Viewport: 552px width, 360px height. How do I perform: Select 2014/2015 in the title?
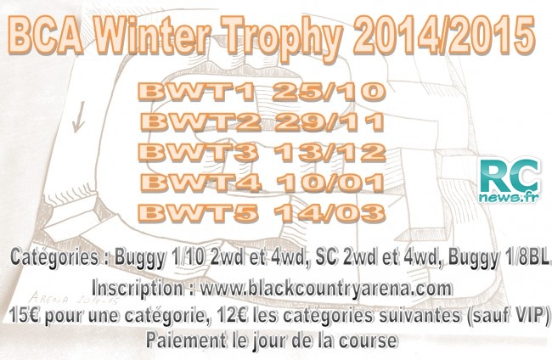[444, 36]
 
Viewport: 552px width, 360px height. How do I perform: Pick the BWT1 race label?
[195, 92]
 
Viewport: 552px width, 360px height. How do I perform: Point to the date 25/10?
[329, 92]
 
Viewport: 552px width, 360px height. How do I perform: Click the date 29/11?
[330, 122]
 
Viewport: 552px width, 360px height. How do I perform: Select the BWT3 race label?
[198, 152]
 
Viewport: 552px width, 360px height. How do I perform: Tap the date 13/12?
[330, 152]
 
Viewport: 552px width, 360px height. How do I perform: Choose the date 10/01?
[330, 183]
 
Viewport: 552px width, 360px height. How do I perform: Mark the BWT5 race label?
[198, 212]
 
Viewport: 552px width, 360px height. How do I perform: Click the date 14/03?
[330, 212]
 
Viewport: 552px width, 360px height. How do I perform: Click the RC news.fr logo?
[510, 181]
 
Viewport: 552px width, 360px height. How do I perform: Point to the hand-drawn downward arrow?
[79, 117]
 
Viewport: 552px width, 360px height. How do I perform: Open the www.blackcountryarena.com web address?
[326, 289]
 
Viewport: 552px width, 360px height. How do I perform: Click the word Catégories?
[54, 257]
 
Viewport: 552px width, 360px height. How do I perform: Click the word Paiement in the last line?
[186, 340]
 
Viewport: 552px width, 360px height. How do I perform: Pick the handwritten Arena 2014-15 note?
[74, 299]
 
